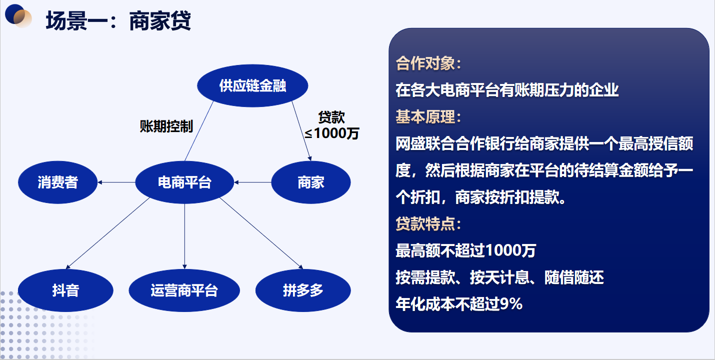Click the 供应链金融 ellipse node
click(252, 85)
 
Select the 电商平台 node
click(184, 182)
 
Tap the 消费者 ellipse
click(58, 182)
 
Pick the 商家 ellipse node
click(311, 182)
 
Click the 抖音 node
click(65, 290)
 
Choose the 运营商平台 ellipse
click(184, 290)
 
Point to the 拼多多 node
click(303, 290)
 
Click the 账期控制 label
click(166, 126)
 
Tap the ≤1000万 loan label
click(331, 133)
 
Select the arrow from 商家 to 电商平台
click(252, 182)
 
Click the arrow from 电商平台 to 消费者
click(116, 182)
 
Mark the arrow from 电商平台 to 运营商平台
click(184, 236)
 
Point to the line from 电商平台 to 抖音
click(107, 233)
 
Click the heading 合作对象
click(428, 63)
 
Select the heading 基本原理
click(428, 117)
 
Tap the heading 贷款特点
click(428, 223)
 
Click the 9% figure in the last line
click(511, 304)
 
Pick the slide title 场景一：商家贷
click(118, 21)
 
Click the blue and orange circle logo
click(18, 15)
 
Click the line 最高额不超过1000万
click(465, 250)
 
